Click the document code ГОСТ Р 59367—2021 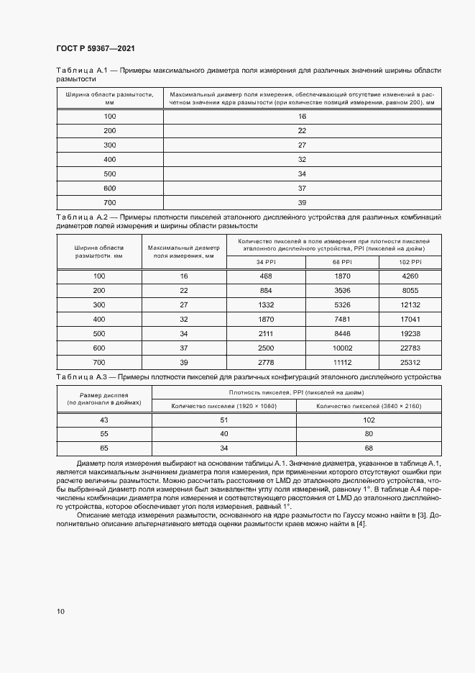pos(96,48)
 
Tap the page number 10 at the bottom pos(60,611)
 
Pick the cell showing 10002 pos(342,348)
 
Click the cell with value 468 pos(266,276)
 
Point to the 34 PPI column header pos(266,262)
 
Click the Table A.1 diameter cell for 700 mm pos(302,202)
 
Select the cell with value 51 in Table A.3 pos(223,420)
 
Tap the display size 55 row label pos(103,434)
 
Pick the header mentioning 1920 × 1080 pos(223,406)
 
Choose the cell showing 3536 pos(342,290)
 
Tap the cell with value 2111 pos(266,333)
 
